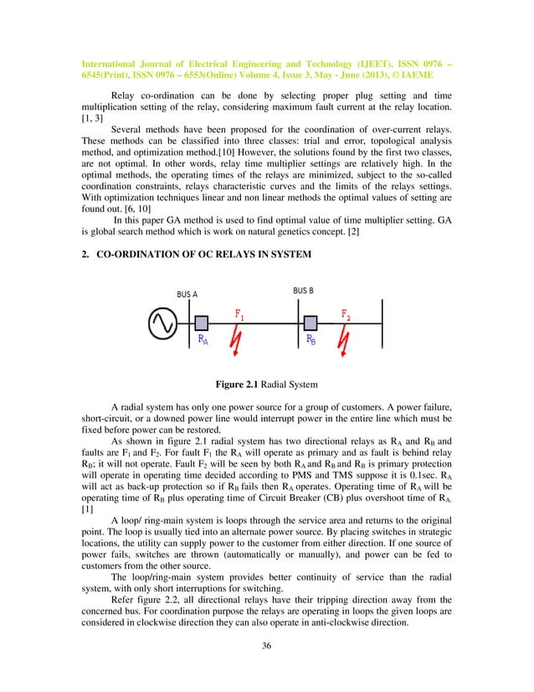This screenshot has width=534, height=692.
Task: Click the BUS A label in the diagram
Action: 187,295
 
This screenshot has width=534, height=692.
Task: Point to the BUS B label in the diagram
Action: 305,290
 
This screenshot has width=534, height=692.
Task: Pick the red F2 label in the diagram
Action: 347,313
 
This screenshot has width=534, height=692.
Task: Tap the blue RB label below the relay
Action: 311,340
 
